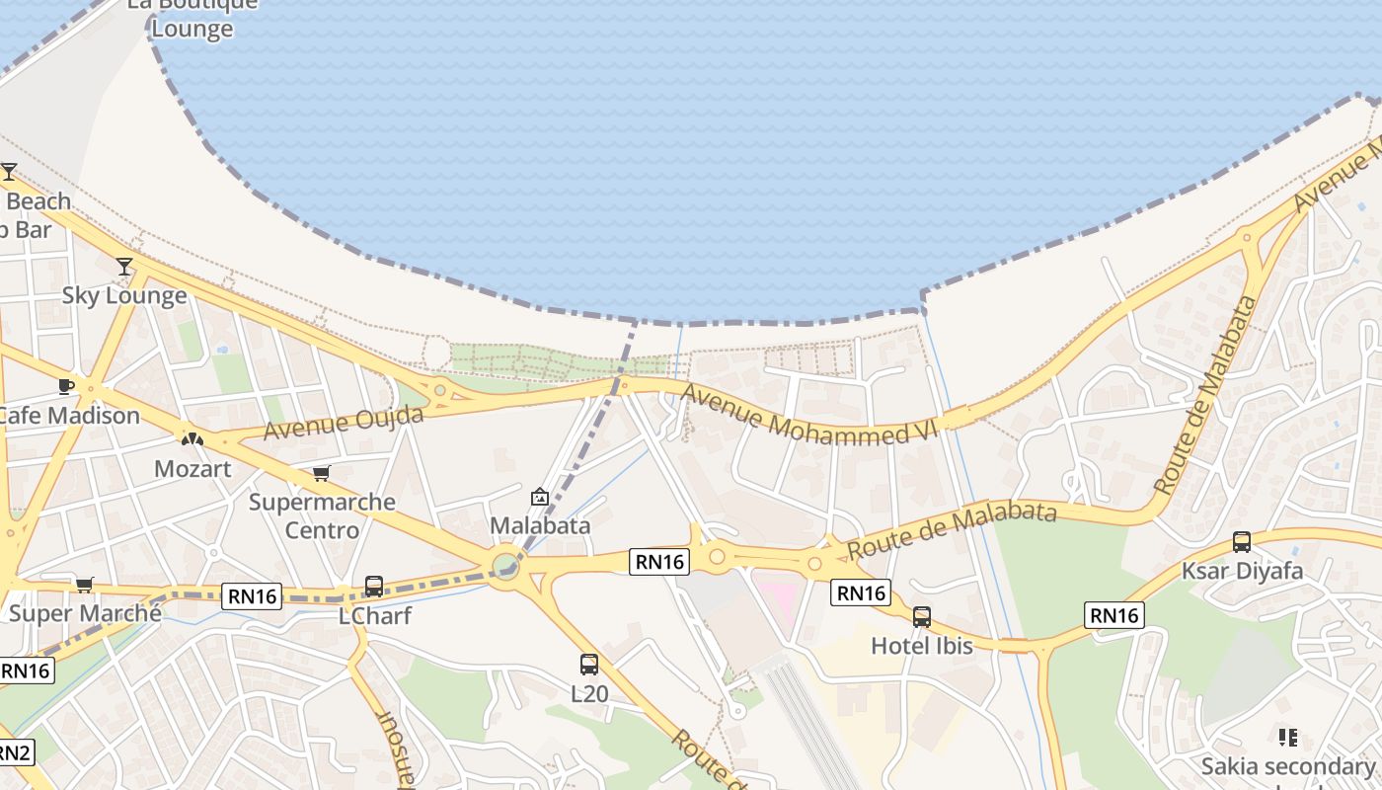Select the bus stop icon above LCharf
(x=374, y=587)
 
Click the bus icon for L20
(x=589, y=665)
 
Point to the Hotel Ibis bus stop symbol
(x=922, y=617)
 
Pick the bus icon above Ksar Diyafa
(x=1242, y=542)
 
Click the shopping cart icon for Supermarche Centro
(x=321, y=474)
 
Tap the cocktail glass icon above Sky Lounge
(x=124, y=267)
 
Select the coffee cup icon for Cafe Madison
(x=66, y=386)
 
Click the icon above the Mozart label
(x=192, y=438)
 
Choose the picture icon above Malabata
(x=540, y=497)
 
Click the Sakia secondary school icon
(x=1287, y=738)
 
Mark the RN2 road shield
(x=14, y=753)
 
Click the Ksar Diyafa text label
(x=1242, y=571)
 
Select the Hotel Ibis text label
(x=922, y=646)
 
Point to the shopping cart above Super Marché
(x=85, y=585)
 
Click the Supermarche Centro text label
(x=322, y=515)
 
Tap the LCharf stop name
(x=374, y=615)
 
